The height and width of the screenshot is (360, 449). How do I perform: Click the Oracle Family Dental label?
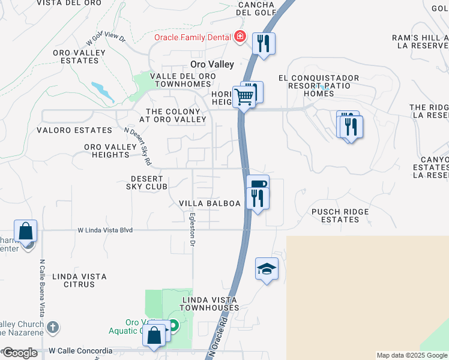click(x=192, y=37)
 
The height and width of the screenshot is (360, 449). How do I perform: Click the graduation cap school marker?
click(x=267, y=269)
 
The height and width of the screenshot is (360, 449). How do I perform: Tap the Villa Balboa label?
click(x=209, y=203)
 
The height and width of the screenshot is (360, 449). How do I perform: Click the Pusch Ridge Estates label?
click(x=340, y=215)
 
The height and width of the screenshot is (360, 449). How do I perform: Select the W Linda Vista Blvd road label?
click(x=104, y=230)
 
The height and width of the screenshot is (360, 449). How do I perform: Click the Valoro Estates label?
click(x=74, y=130)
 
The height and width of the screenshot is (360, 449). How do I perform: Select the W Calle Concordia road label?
click(x=80, y=350)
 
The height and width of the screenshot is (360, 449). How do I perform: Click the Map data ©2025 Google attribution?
click(x=412, y=355)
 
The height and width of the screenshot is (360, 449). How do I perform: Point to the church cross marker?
click(x=53, y=328)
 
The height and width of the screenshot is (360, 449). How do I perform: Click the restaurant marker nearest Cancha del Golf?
click(x=264, y=43)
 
